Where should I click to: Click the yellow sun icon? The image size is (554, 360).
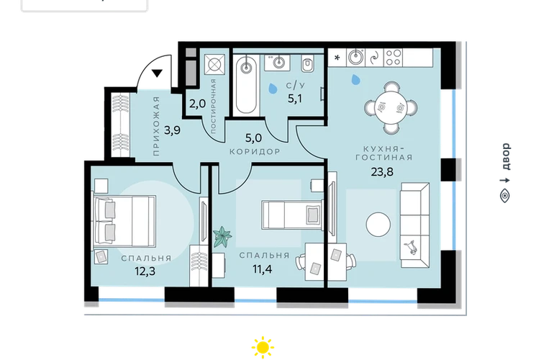coord(263,348)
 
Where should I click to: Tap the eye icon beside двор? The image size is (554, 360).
coord(506,196)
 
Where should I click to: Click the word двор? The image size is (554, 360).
coord(506,157)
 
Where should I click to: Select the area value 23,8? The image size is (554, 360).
coord(381,172)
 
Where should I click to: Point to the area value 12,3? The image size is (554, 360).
coord(145,271)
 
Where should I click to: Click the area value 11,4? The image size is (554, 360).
coord(262,269)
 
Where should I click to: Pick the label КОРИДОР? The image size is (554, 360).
coord(255,152)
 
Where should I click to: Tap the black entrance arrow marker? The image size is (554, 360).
coord(157,73)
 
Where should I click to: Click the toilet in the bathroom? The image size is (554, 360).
coord(308,64)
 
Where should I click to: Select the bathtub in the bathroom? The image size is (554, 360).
coord(246,86)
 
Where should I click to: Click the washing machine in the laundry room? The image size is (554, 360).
coord(214,64)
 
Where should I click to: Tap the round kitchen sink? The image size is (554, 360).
coord(355,58)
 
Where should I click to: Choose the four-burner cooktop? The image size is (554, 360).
coord(394,58)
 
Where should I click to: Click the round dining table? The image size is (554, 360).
coord(391,107)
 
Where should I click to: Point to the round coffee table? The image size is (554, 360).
coord(378,224)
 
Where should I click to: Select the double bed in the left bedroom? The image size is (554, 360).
coord(124,221)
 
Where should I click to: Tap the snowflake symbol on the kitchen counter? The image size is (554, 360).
coord(337,58)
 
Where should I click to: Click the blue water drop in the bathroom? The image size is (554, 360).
coord(273,88)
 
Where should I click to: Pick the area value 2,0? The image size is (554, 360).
coord(197,104)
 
